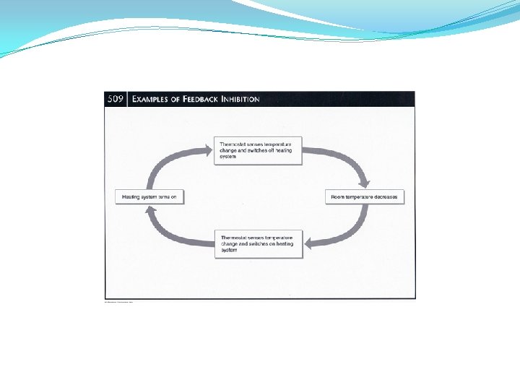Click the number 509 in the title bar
(x=116, y=99)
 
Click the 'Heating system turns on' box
(x=149, y=196)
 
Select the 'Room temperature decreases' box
(x=364, y=196)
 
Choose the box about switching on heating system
(x=259, y=245)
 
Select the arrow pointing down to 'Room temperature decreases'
(x=347, y=162)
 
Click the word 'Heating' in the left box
(x=131, y=196)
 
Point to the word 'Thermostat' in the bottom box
(x=235, y=238)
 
